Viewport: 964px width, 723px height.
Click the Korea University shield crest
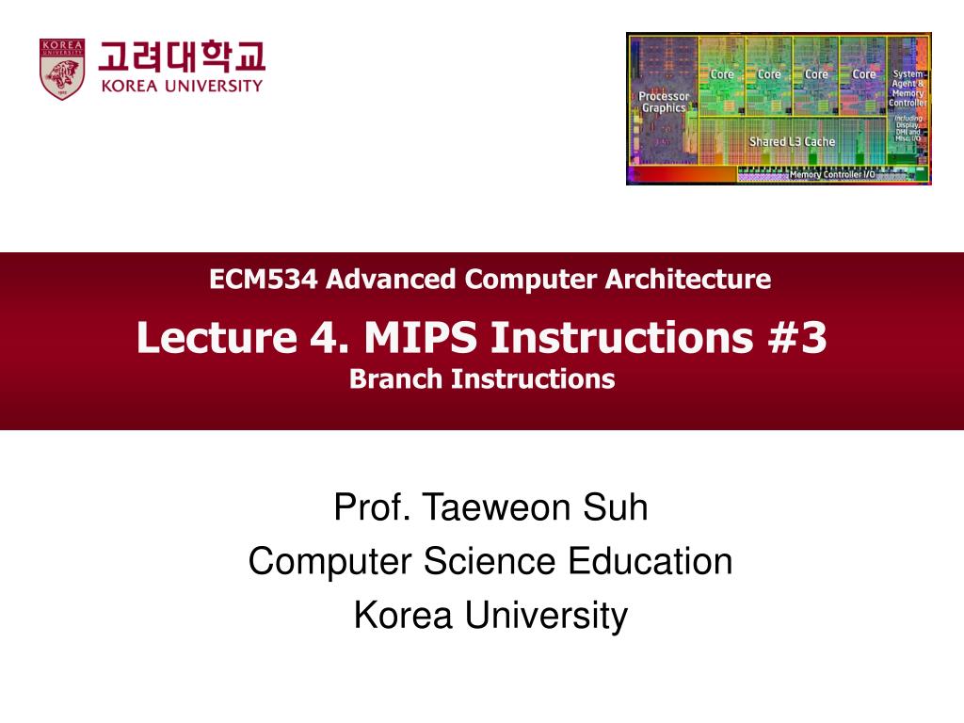[62, 69]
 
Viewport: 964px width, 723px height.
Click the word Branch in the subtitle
[396, 378]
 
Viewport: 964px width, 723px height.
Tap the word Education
[651, 561]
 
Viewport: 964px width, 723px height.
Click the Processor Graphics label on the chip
[664, 102]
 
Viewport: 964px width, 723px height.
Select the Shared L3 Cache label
[792, 142]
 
